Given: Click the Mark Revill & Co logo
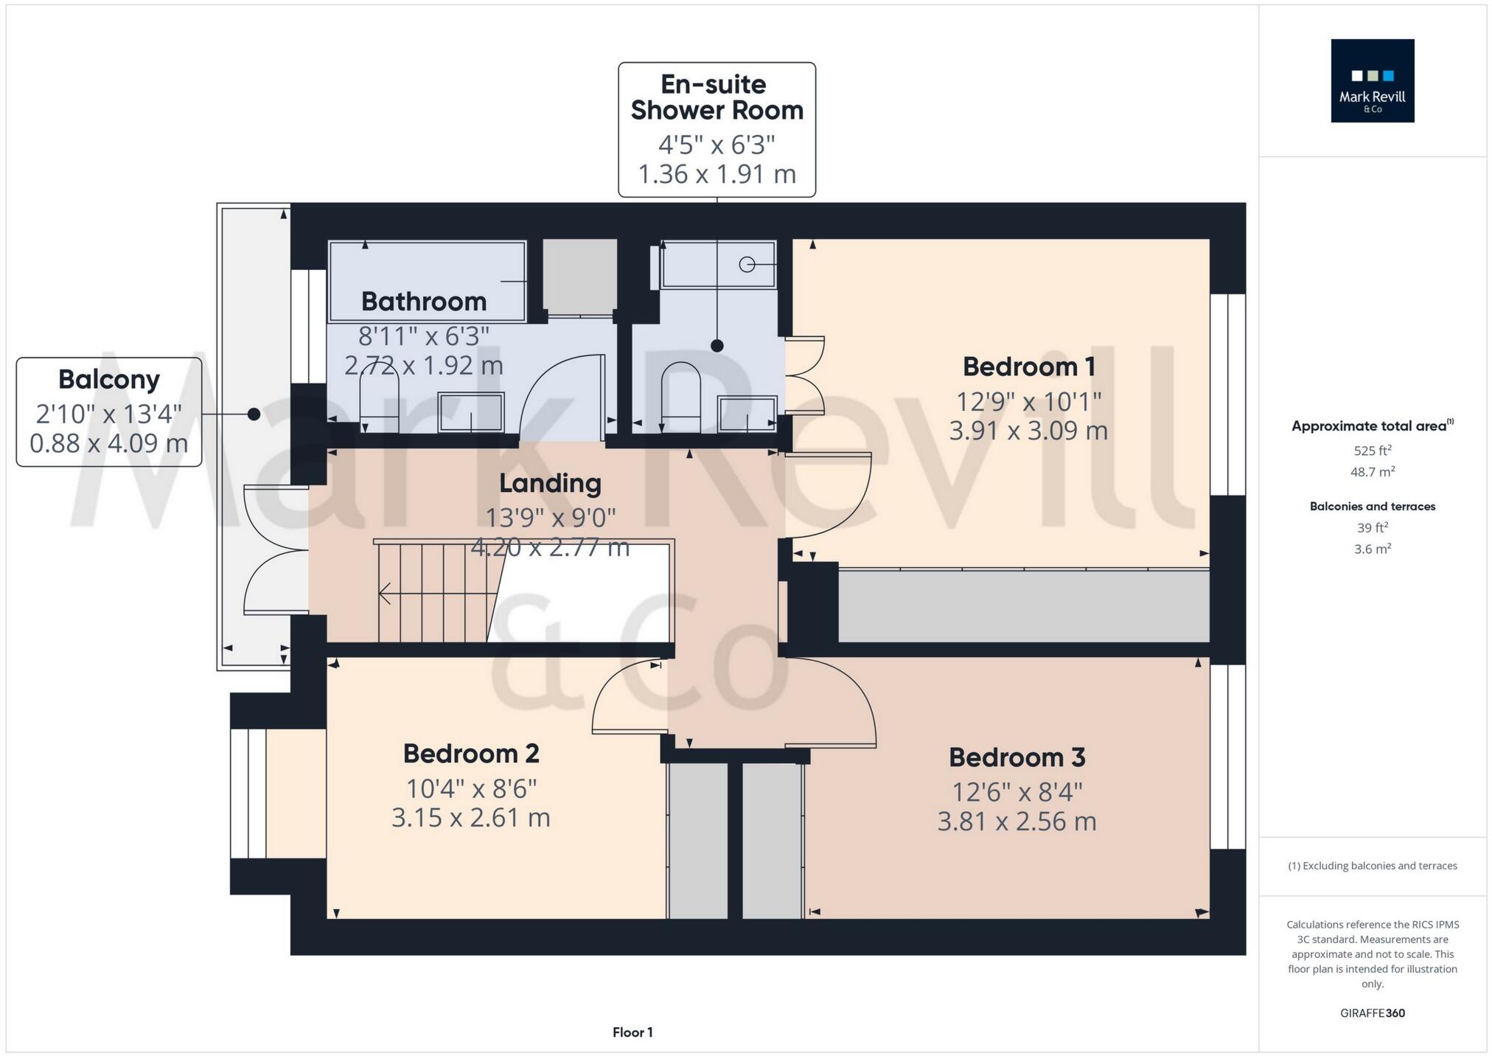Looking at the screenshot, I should click(x=1372, y=80).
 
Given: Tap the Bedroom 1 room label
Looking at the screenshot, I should click(x=1028, y=367).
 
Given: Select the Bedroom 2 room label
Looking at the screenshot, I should click(x=471, y=754).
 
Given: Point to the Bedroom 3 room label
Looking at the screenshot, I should click(x=1017, y=757).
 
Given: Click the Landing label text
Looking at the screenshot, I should click(x=550, y=483).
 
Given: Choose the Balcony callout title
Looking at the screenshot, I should click(x=109, y=379).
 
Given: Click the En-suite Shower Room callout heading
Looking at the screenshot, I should click(x=717, y=97).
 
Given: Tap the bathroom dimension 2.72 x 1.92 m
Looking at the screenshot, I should click(x=424, y=365).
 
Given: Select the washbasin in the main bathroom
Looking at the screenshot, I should click(x=471, y=412).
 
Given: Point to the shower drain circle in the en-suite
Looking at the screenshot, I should click(x=747, y=264).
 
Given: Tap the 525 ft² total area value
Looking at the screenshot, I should click(x=1372, y=451).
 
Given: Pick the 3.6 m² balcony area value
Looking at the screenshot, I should click(x=1372, y=549).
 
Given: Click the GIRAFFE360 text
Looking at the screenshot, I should click(x=1372, y=1013).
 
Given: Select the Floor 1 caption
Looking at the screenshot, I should click(x=632, y=1032).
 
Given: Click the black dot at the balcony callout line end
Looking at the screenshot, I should click(x=254, y=414).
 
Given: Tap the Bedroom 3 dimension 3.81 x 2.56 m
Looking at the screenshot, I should click(x=1017, y=821).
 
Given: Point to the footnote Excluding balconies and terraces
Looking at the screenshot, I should click(x=1372, y=866).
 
